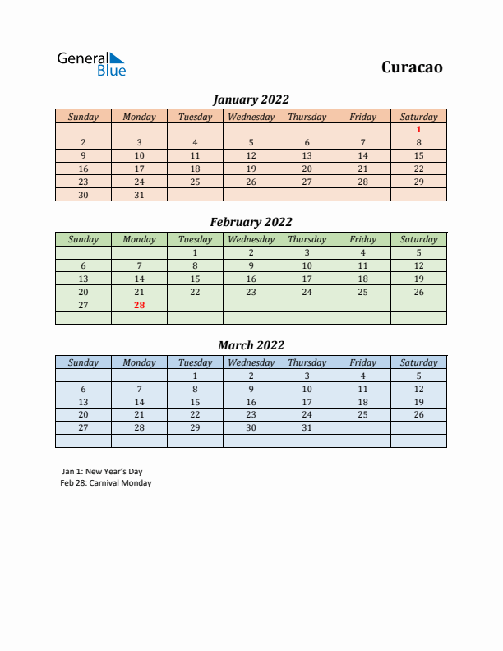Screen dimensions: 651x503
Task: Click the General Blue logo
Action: coord(90,64)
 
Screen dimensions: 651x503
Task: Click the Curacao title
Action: coord(412,67)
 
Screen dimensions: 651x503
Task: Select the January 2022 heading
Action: coord(251,99)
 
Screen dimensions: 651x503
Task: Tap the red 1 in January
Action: coord(418,129)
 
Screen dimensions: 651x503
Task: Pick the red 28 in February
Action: coord(139,305)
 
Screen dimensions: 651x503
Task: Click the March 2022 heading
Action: coord(251,345)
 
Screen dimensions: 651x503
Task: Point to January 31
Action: coord(139,195)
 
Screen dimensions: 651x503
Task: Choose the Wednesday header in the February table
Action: coord(251,239)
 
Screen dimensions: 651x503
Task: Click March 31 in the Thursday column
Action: coord(307,427)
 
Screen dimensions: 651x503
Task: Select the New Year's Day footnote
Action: coord(102,472)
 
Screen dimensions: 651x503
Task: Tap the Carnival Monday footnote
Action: coord(106,483)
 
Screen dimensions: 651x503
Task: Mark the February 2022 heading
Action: coord(251,222)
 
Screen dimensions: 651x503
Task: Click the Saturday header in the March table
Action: coord(418,362)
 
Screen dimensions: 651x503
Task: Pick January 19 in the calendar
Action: coord(251,169)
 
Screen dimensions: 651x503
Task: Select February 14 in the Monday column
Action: coord(139,279)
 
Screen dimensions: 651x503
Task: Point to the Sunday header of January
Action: coord(83,117)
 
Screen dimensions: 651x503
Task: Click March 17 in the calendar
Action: coord(307,402)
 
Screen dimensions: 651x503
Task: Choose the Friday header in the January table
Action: coord(362,117)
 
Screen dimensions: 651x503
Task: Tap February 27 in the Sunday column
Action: coord(83,305)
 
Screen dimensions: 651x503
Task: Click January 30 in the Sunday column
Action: coord(83,195)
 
